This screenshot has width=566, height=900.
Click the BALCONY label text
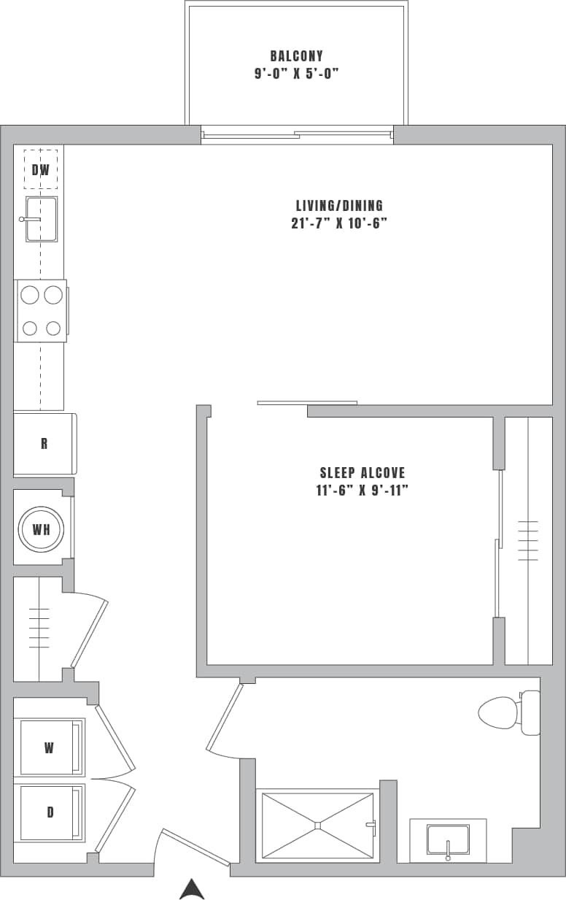click(296, 56)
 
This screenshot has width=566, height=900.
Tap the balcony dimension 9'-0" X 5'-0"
click(296, 73)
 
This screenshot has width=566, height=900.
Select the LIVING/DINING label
click(339, 206)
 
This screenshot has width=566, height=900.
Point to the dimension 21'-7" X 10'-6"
click(338, 223)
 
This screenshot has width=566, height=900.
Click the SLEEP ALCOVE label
click(362, 473)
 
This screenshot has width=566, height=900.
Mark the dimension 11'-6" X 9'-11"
click(362, 491)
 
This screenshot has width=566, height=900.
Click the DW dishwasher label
click(41, 170)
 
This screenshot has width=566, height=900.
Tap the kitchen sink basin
click(42, 219)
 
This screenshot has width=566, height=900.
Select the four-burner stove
click(42, 311)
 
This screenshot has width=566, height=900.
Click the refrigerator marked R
click(44, 444)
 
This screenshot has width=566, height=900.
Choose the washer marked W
click(50, 747)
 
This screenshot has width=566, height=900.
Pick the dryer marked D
click(50, 812)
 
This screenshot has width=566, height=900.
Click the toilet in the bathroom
click(503, 712)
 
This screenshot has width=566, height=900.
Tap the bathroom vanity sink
click(448, 839)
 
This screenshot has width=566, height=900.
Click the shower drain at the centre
click(318, 826)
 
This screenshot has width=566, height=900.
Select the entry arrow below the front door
click(192, 888)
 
